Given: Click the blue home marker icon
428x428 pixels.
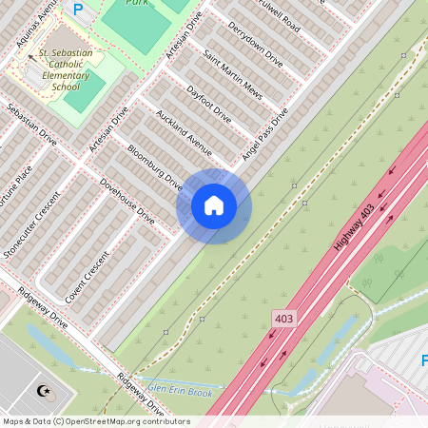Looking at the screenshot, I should [214, 205].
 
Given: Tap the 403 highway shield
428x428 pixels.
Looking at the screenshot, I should [283, 318].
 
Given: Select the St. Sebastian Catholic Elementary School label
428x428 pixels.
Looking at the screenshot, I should [69, 68].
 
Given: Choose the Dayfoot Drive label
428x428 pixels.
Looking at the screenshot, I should [209, 106].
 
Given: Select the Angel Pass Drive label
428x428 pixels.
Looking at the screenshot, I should [264, 135].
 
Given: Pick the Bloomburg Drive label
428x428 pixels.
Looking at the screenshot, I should [155, 167].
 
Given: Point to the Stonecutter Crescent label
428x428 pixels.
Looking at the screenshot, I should [29, 224].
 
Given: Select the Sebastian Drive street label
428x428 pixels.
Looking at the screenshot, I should [31, 124].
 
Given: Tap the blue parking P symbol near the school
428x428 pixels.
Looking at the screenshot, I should [78, 10].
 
